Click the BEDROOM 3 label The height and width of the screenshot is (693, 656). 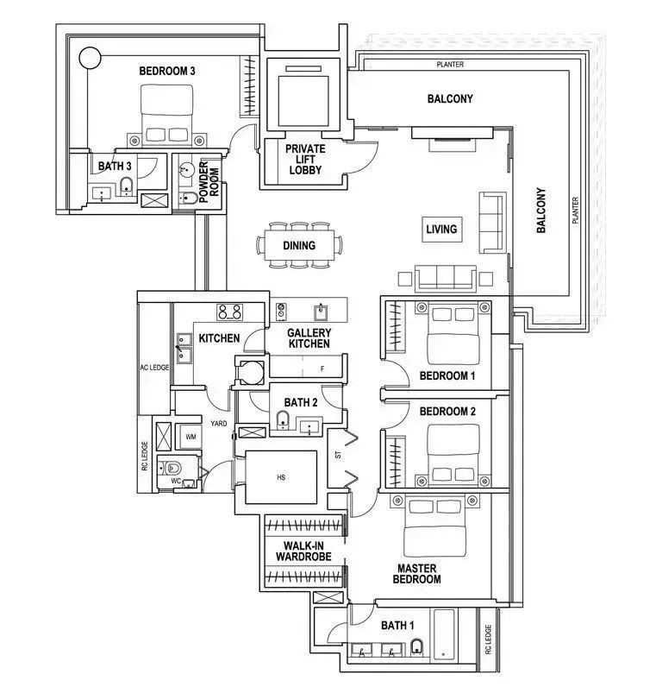(167, 71)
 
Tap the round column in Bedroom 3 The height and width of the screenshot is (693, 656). (90, 58)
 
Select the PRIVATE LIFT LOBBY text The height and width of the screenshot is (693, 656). (305, 160)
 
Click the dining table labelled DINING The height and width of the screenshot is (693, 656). (299, 245)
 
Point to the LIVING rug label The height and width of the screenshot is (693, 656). (441, 229)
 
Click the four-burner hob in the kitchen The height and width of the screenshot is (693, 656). (229, 312)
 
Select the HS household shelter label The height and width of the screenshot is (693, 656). (281, 477)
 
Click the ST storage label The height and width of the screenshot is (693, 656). (338, 454)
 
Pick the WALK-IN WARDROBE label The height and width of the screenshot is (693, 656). (303, 551)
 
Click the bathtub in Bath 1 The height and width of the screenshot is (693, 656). (444, 634)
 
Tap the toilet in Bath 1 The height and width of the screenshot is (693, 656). (417, 646)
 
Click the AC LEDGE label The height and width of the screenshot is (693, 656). (154, 368)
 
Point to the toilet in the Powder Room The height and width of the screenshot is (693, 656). (189, 198)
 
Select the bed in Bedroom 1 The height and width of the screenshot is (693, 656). (453, 334)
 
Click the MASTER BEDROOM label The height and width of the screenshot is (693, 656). (416, 574)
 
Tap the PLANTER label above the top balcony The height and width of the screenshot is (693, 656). (450, 65)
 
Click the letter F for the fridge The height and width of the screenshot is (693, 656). (322, 369)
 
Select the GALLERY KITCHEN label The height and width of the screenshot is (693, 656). (309, 338)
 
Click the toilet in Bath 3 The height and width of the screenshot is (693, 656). (127, 186)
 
